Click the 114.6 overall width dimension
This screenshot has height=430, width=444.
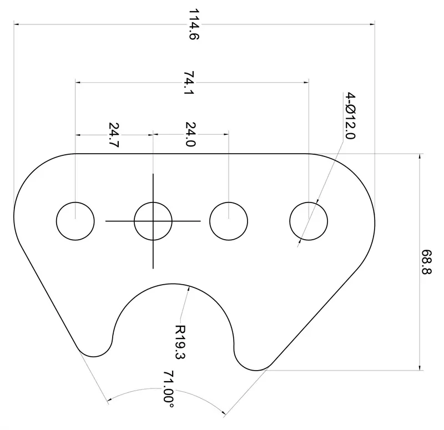(193, 24)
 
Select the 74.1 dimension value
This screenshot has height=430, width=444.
(189, 83)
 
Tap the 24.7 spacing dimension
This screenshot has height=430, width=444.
(114, 134)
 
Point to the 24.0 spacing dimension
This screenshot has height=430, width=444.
(190, 134)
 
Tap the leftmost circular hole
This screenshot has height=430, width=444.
(75, 221)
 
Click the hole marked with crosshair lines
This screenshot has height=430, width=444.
(153, 221)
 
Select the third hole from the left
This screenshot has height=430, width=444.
(229, 221)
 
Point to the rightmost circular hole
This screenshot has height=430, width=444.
(309, 221)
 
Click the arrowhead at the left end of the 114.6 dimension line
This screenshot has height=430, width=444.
(17, 24)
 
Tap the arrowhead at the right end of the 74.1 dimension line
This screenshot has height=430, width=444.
(306, 83)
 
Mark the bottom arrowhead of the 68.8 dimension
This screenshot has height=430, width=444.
(420, 366)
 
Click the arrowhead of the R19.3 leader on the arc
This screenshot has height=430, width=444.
(190, 287)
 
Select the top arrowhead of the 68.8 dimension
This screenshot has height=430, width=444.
(420, 156)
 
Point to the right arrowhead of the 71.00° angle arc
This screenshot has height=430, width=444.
(223, 412)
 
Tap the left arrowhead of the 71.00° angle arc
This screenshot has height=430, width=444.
(108, 399)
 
